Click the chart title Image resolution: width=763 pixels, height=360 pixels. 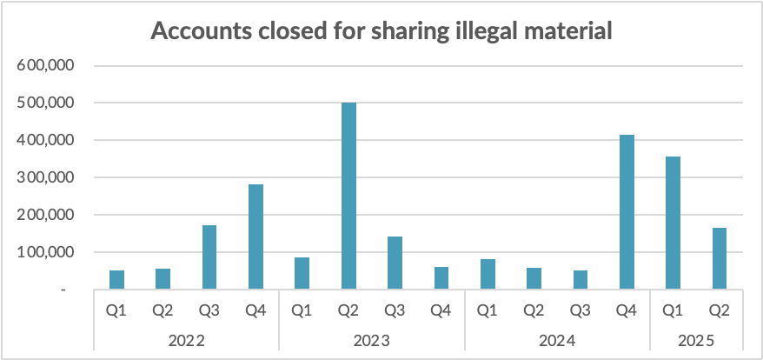382,32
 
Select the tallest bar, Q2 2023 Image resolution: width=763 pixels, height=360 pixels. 348,196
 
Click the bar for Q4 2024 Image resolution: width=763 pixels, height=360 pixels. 627,212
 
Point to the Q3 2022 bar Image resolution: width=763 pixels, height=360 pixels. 209,257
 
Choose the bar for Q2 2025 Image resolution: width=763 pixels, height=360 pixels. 720,258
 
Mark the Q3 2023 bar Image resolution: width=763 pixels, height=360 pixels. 395,263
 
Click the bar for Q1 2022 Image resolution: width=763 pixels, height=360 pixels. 116,280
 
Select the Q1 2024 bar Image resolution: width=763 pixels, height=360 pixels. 488,274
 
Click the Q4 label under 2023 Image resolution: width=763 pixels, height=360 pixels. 441,309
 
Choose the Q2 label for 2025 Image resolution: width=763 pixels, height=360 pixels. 720,309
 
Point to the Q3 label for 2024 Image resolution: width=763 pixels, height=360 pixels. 581,309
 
